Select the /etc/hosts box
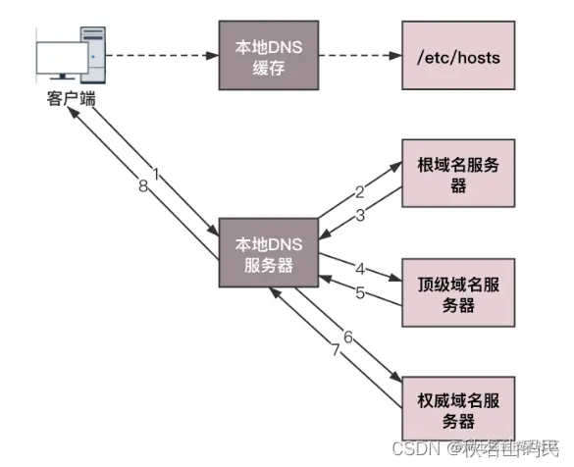pos(458,58)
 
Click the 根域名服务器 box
pos(458,176)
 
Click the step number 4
pos(360,266)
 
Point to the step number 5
pos(360,291)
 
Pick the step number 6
pos(346,336)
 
